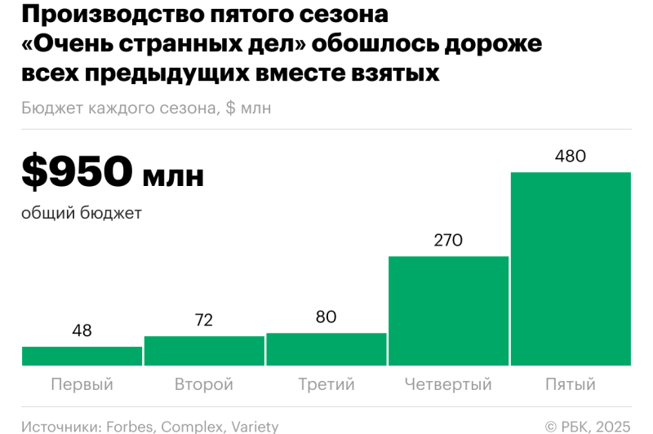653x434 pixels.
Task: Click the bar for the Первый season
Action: pyautogui.click(x=82, y=356)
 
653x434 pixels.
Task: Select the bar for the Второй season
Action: pyautogui.click(x=204, y=351)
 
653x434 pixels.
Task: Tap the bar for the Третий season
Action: pyautogui.click(x=326, y=349)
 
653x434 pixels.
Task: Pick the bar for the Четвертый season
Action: pyautogui.click(x=448, y=311)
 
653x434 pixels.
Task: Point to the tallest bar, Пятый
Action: pyautogui.click(x=571, y=269)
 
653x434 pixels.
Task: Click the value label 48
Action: pyautogui.click(x=82, y=331)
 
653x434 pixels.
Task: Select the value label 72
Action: pyautogui.click(x=204, y=321)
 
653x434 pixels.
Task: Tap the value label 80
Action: pyautogui.click(x=326, y=317)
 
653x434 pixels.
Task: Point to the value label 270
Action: pyautogui.click(x=448, y=241)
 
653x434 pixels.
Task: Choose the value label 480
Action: pyautogui.click(x=571, y=156)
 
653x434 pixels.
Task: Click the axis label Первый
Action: pyautogui.click(x=82, y=384)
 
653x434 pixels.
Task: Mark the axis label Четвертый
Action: pyautogui.click(x=448, y=384)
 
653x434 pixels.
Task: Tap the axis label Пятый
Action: pyautogui.click(x=571, y=384)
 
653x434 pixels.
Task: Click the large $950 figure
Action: pyautogui.click(x=78, y=172)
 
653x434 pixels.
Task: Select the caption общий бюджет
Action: pyautogui.click(x=82, y=214)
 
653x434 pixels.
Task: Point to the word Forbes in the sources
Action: pyautogui.click(x=131, y=427)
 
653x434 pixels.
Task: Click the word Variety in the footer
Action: pyautogui.click(x=255, y=427)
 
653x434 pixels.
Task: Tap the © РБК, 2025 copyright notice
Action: pyautogui.click(x=588, y=427)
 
